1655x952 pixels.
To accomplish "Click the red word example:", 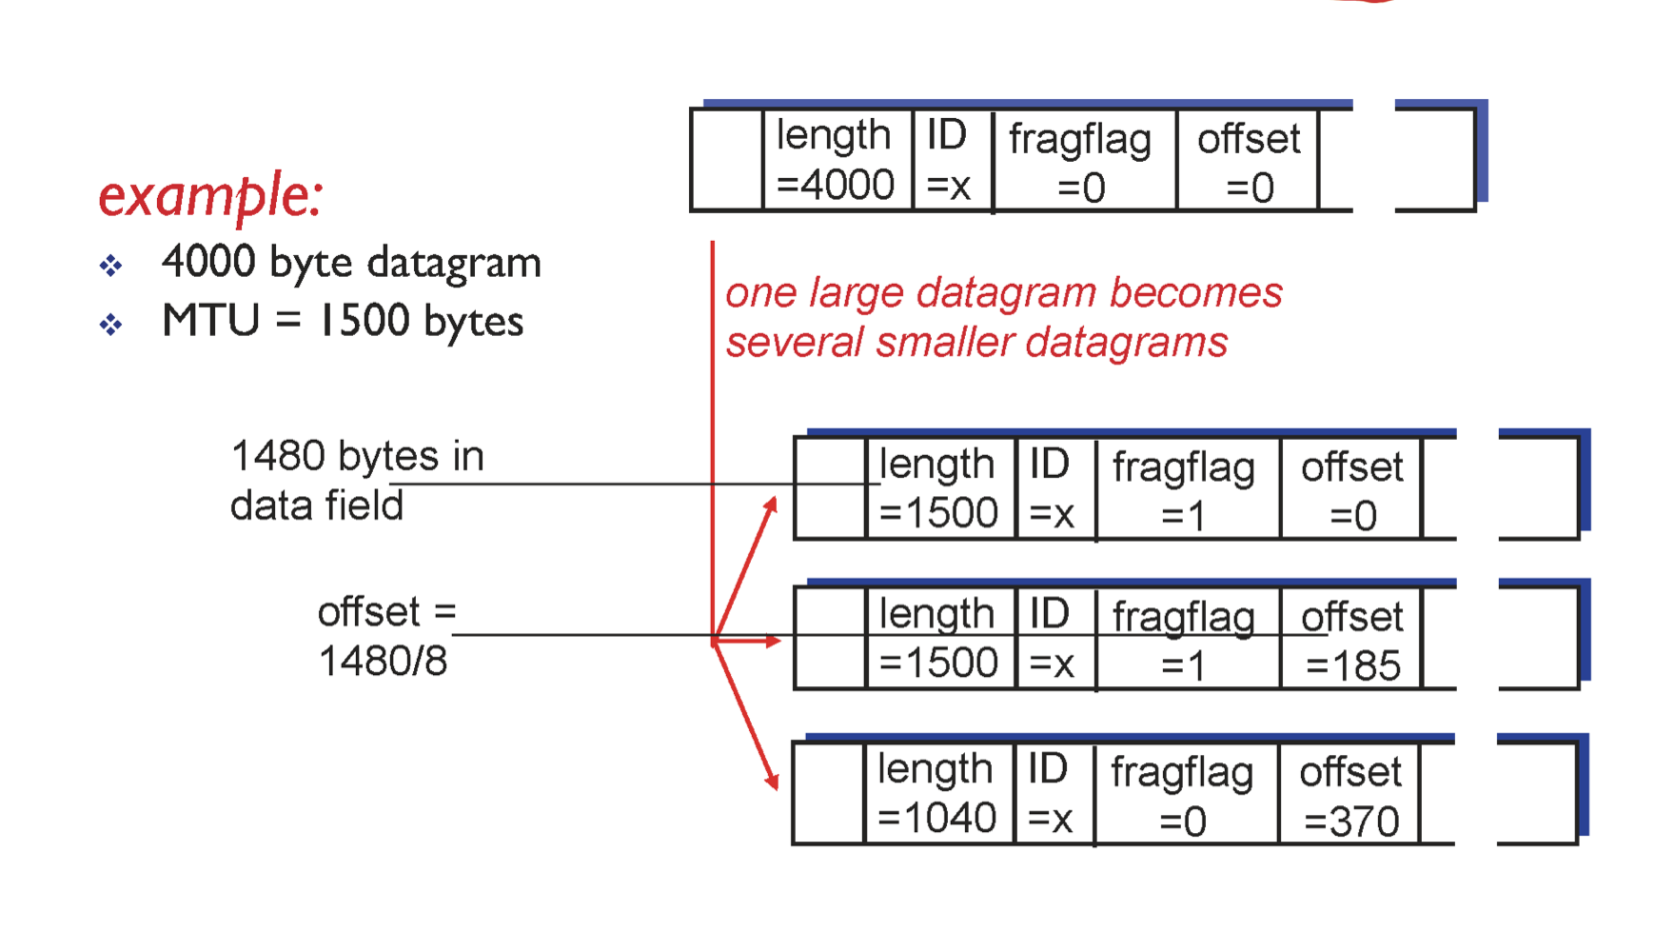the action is point(210,196).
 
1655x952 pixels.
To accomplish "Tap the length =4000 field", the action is point(835,160).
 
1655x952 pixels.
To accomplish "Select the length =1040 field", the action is point(936,793).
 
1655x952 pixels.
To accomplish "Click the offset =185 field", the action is point(1351,641).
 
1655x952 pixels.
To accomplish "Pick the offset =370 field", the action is point(1350,796).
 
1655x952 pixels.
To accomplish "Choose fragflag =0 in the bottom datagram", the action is point(1182,796).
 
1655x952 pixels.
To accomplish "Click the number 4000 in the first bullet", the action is point(209,262).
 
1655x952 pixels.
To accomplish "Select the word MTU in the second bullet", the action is point(210,321).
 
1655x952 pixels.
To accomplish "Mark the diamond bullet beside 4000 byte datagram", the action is point(110,265).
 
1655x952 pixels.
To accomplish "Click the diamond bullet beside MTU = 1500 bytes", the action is point(110,325).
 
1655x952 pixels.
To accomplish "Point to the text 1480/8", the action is point(383,661).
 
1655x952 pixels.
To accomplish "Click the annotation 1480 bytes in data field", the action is point(357,481).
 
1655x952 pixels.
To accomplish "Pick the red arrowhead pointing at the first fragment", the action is point(772,505).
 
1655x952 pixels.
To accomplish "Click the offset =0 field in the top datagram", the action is point(1249,162).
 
